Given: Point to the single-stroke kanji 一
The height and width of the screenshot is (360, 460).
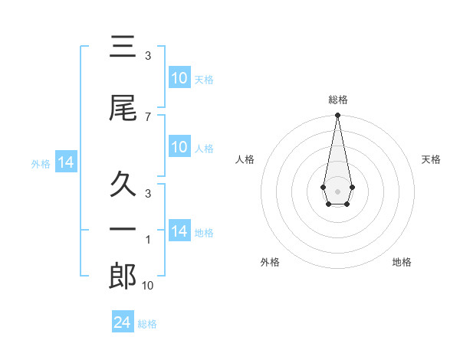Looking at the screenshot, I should pos(123,230).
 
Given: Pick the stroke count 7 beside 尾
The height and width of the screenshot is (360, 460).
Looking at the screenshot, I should pos(147,116).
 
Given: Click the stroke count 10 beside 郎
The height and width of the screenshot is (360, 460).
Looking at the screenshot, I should pos(147,286).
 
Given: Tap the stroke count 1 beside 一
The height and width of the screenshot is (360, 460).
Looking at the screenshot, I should pos(147,240).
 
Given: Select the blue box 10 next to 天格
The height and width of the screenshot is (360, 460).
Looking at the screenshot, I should pos(179,78).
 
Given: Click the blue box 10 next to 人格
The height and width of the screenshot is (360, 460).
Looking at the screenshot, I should pos(179,147).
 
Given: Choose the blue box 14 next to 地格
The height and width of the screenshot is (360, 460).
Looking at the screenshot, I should pos(179,231).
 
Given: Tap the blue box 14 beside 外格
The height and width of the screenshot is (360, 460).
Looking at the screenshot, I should pos(65,162).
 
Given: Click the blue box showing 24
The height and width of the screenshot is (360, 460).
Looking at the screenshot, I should pos(122,322).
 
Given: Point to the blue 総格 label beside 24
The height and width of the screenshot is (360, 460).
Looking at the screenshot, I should pos(147,324).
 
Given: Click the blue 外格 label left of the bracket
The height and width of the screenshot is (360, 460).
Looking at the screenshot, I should pos(41,163).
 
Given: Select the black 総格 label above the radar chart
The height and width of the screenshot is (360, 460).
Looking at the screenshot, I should pos(337,100).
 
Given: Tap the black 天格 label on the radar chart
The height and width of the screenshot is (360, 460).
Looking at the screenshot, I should pos(432,159).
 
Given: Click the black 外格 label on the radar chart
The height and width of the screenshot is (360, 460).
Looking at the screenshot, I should pos(270,262).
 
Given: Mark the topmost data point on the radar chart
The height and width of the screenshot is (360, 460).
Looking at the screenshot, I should pos(337,116).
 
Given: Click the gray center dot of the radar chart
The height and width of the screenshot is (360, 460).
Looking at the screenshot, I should pos(337,190).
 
